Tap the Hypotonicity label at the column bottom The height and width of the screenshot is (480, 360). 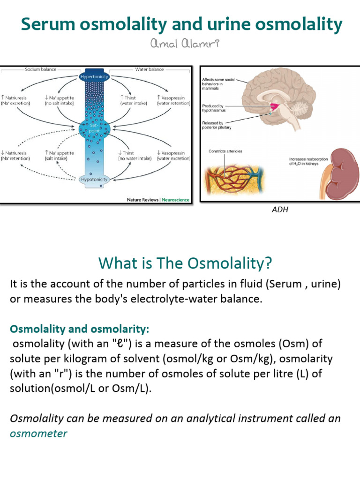point(94,179)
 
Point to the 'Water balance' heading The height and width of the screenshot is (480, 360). point(150,69)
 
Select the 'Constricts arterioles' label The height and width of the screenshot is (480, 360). point(225,151)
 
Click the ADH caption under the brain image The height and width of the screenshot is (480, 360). point(280,210)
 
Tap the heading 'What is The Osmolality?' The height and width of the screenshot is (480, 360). point(185,263)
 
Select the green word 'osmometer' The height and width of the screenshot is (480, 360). point(38,433)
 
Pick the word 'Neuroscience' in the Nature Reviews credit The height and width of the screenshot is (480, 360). point(175,200)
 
